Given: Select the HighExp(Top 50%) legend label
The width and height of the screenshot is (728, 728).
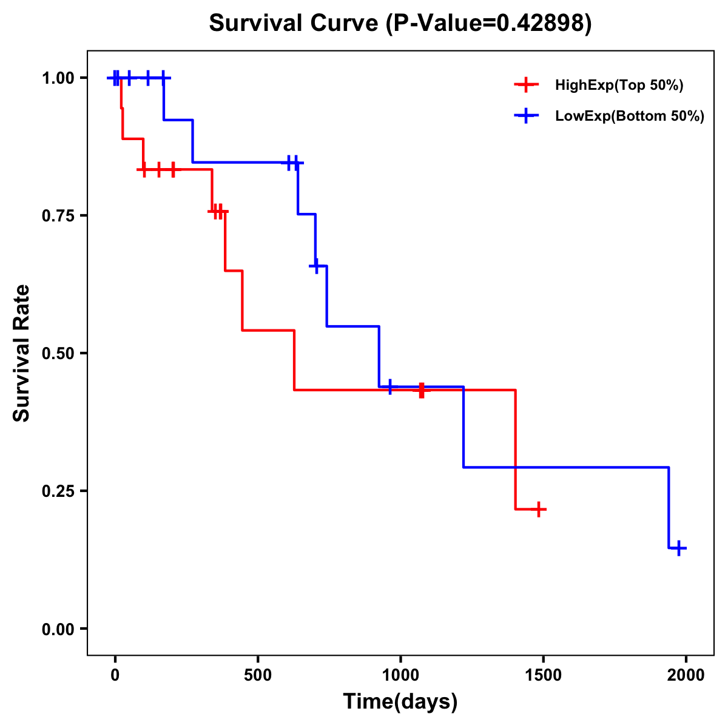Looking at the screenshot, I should (x=619, y=86).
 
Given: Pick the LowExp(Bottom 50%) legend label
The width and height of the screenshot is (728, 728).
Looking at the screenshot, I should (x=630, y=116).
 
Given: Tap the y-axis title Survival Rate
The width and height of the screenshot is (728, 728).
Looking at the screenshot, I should (x=22, y=353).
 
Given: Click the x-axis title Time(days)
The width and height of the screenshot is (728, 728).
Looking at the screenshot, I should (x=400, y=702).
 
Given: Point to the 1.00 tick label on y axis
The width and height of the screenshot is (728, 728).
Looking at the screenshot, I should (x=58, y=78).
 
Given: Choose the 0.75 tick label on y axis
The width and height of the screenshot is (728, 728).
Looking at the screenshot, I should (x=58, y=215).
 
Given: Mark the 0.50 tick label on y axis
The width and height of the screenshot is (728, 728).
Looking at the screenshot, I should (x=58, y=353).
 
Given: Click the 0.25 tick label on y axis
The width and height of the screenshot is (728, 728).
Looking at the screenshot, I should (x=58, y=491).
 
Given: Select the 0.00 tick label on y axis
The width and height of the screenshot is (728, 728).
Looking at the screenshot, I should (x=58, y=629).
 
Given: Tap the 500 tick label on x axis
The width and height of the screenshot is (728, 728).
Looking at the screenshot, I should (x=258, y=674).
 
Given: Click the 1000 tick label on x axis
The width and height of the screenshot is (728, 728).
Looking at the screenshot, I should (x=400, y=674).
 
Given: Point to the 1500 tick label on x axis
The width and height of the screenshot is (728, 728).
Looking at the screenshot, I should (x=543, y=674).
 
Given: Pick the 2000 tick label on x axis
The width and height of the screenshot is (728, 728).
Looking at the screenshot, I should (x=686, y=674).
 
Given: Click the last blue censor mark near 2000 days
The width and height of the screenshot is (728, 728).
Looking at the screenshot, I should (x=679, y=548).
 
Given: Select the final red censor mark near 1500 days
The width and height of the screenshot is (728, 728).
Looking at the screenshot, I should (x=538, y=509).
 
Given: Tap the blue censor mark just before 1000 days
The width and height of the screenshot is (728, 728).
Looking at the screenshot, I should (x=389, y=386).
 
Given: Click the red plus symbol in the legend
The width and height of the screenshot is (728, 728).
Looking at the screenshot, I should (x=527, y=85).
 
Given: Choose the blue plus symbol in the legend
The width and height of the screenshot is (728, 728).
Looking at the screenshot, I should (x=527, y=116).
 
